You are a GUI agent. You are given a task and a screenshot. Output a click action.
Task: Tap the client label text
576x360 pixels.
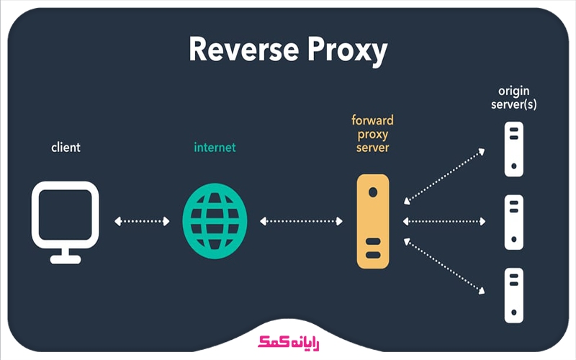pyautogui.click(x=66, y=148)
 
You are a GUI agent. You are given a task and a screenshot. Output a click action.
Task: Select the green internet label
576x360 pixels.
pyautogui.click(x=215, y=148)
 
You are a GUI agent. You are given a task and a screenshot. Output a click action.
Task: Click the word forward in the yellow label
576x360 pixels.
pyautogui.click(x=372, y=121)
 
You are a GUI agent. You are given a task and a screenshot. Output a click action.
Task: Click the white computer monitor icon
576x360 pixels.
pyautogui.click(x=66, y=213)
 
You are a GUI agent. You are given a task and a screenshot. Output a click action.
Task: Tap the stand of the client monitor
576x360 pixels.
pyautogui.click(x=66, y=256)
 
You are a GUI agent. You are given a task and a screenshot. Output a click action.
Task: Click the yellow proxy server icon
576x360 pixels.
pyautogui.click(x=372, y=221)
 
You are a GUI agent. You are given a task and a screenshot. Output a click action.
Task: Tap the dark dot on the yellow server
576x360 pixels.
pyautogui.click(x=372, y=193)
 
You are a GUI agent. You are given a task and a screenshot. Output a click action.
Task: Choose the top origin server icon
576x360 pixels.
pyautogui.click(x=513, y=148)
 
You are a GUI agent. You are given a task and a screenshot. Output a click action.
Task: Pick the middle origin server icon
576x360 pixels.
pyautogui.click(x=513, y=221)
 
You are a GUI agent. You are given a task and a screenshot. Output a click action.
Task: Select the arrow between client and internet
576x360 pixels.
pyautogui.click(x=142, y=221)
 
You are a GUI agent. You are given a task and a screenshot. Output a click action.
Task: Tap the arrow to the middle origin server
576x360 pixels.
pyautogui.click(x=444, y=221)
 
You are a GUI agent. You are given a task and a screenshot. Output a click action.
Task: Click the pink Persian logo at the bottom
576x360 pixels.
pyautogui.click(x=288, y=343)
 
